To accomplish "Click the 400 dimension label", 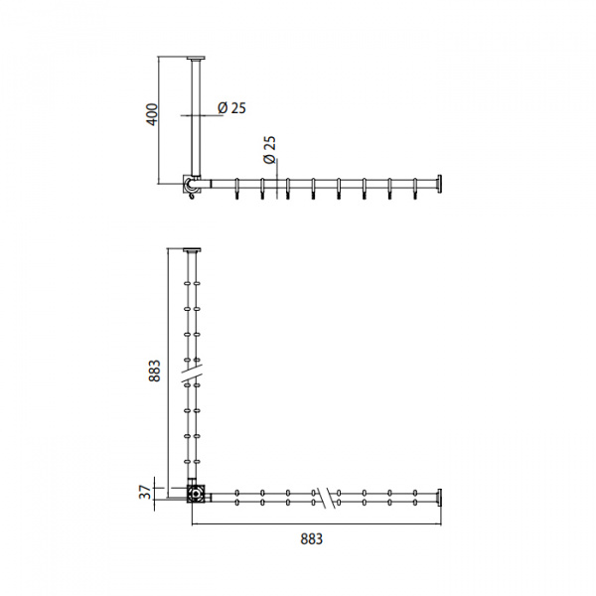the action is [x=152, y=114].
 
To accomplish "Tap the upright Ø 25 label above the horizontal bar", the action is [x=269, y=150].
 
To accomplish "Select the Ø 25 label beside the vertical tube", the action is [x=231, y=108].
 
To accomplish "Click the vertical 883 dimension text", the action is [x=155, y=371].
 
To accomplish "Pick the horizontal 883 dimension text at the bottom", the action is [x=311, y=539].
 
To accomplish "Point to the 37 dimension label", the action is [x=145, y=493].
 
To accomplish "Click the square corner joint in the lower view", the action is [x=196, y=494].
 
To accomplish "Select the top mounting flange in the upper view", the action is [x=196, y=59].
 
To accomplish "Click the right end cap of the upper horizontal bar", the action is [x=439, y=184].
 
